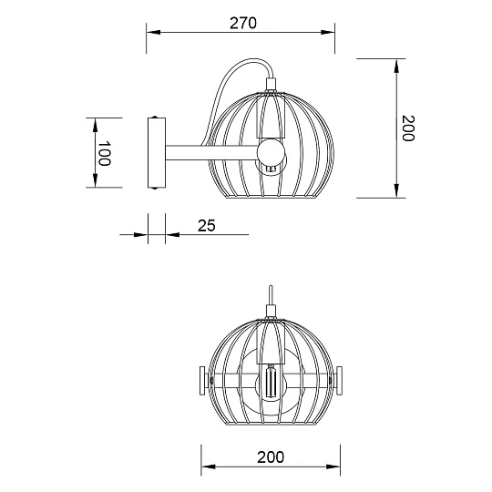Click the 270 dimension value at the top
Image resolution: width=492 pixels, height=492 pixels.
point(241,24)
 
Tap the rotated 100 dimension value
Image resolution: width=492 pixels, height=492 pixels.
point(104,153)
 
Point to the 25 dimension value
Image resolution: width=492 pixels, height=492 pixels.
point(206,225)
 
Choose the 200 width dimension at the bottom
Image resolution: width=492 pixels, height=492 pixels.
point(270,456)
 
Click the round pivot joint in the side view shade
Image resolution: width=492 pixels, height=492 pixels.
point(271,150)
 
